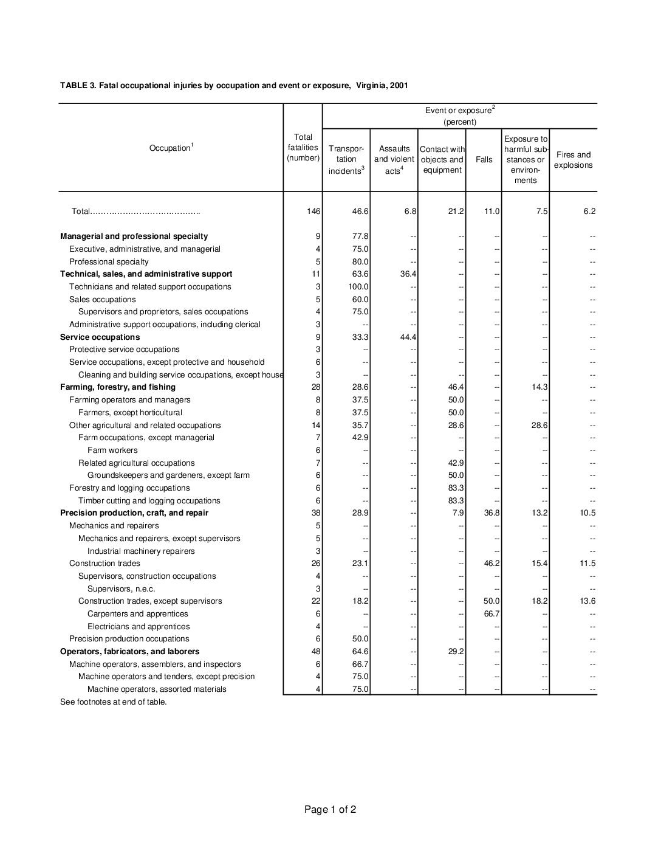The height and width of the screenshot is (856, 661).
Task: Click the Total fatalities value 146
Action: [313, 212]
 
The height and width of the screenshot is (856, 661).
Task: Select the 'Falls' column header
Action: [484, 160]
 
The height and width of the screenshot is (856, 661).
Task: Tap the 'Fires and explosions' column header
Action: [573, 160]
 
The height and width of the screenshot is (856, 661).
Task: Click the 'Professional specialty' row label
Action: [109, 262]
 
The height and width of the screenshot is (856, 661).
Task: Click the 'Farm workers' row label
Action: [112, 450]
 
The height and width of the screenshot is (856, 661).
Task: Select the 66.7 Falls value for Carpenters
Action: [491, 614]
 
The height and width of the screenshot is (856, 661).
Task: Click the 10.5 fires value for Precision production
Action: [586, 513]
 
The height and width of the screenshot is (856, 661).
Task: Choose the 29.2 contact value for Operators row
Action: [456, 652]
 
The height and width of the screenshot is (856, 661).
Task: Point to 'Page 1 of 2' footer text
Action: [330, 809]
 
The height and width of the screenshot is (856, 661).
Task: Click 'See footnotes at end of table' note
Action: [113, 702]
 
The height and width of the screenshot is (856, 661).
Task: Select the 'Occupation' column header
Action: [171, 148]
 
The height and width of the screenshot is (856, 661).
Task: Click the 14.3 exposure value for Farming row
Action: [538, 387]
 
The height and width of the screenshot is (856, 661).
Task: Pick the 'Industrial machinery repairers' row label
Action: [141, 551]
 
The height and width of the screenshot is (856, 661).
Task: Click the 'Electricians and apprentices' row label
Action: [139, 627]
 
